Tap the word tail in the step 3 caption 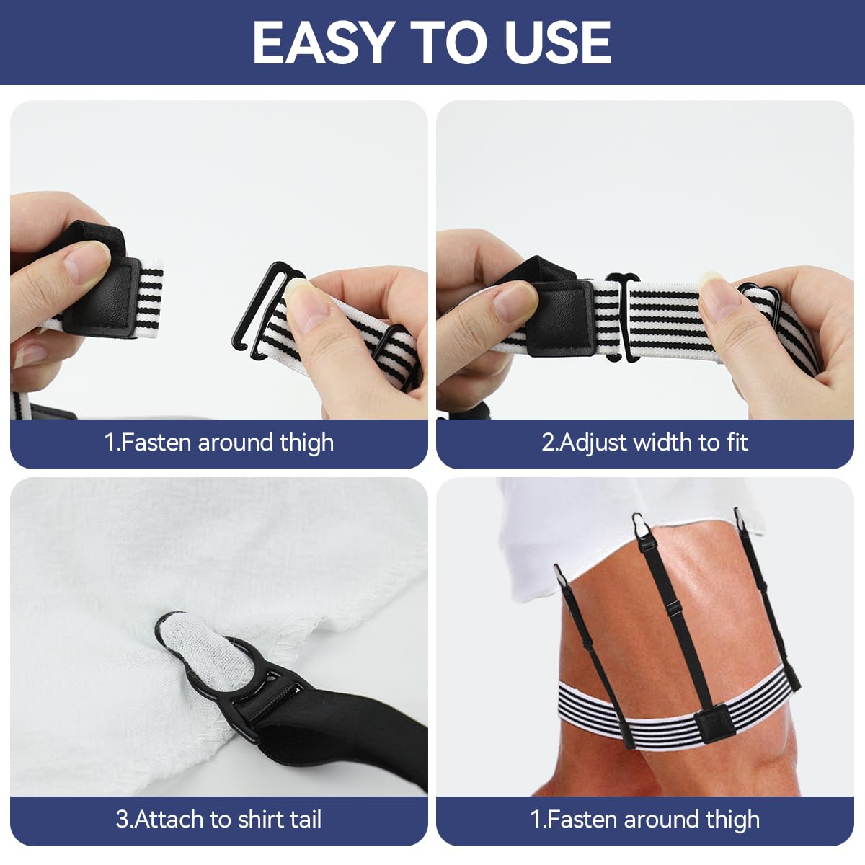click(305, 819)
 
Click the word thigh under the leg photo click(732, 819)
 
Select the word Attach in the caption click(170, 819)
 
